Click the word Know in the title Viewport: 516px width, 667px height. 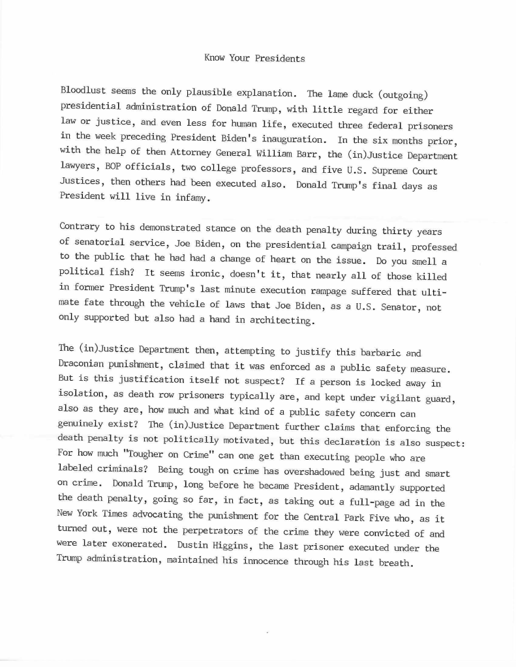[x=215, y=58]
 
